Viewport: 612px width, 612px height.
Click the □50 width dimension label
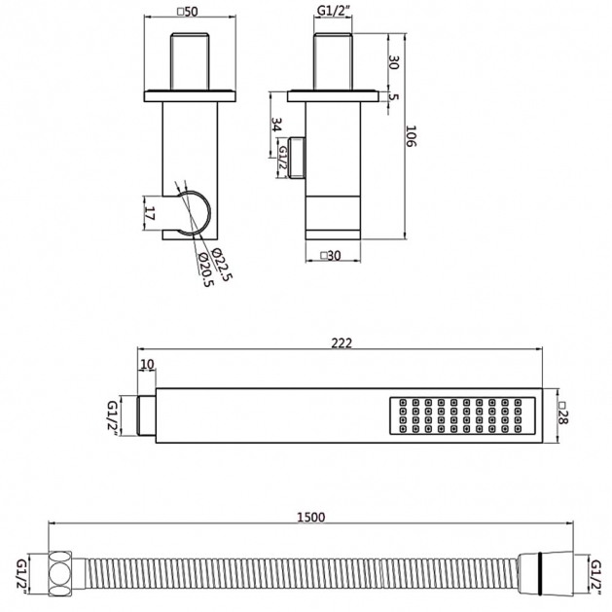coord(188,12)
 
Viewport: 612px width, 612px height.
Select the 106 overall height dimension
coord(412,136)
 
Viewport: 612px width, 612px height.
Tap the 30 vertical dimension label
coord(393,62)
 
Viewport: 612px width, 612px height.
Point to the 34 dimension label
coord(276,125)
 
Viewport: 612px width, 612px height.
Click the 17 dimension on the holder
coord(150,213)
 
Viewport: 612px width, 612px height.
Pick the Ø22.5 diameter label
coord(223,265)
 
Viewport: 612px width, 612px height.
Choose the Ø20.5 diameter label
coord(206,270)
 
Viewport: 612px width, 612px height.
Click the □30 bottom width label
coord(331,256)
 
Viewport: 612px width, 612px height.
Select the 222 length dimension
coord(342,342)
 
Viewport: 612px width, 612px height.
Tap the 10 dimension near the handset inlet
coord(147,364)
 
